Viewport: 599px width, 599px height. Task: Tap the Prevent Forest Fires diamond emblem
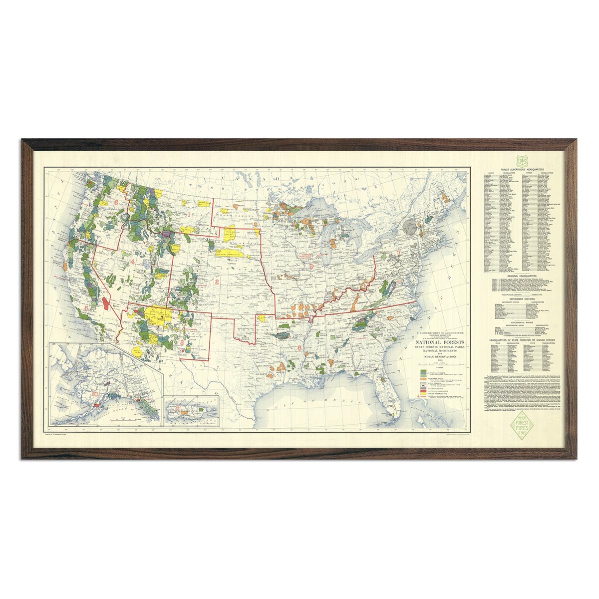pos(523,427)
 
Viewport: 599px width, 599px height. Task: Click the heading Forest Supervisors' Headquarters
pos(523,170)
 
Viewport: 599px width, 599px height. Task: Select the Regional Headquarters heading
pos(523,275)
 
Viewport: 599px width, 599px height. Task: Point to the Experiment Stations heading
pos(523,299)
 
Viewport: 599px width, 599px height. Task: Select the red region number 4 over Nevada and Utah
pos(133,261)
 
